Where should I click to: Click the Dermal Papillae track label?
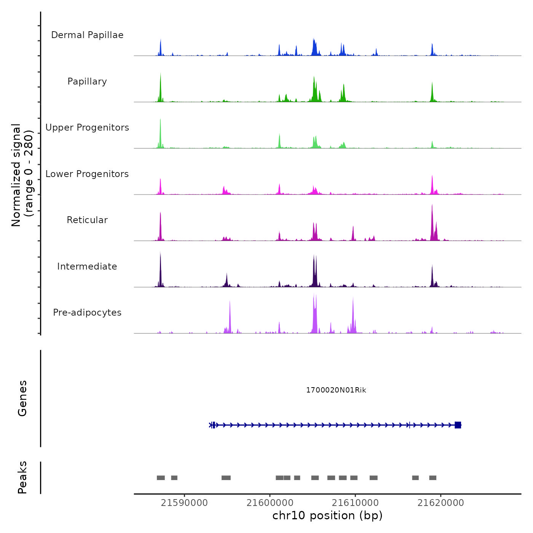(x=87, y=35)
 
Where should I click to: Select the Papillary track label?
(x=87, y=81)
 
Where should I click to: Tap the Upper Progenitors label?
(x=87, y=128)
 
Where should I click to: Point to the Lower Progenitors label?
(x=87, y=174)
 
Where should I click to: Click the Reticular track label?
(x=87, y=220)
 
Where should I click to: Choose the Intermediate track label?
(x=87, y=266)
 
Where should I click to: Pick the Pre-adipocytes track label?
(x=87, y=313)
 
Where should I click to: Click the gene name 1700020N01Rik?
(x=336, y=390)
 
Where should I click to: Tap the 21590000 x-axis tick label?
(x=184, y=503)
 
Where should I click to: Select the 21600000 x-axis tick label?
(x=270, y=503)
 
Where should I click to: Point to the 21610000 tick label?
(x=356, y=503)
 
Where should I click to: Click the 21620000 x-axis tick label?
(x=441, y=503)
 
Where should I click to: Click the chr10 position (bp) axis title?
(x=327, y=515)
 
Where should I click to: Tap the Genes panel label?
(x=22, y=398)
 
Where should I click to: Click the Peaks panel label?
(x=22, y=477)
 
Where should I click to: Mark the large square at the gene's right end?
(x=458, y=425)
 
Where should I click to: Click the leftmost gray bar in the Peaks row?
(x=161, y=478)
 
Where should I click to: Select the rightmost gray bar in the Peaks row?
(x=433, y=478)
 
